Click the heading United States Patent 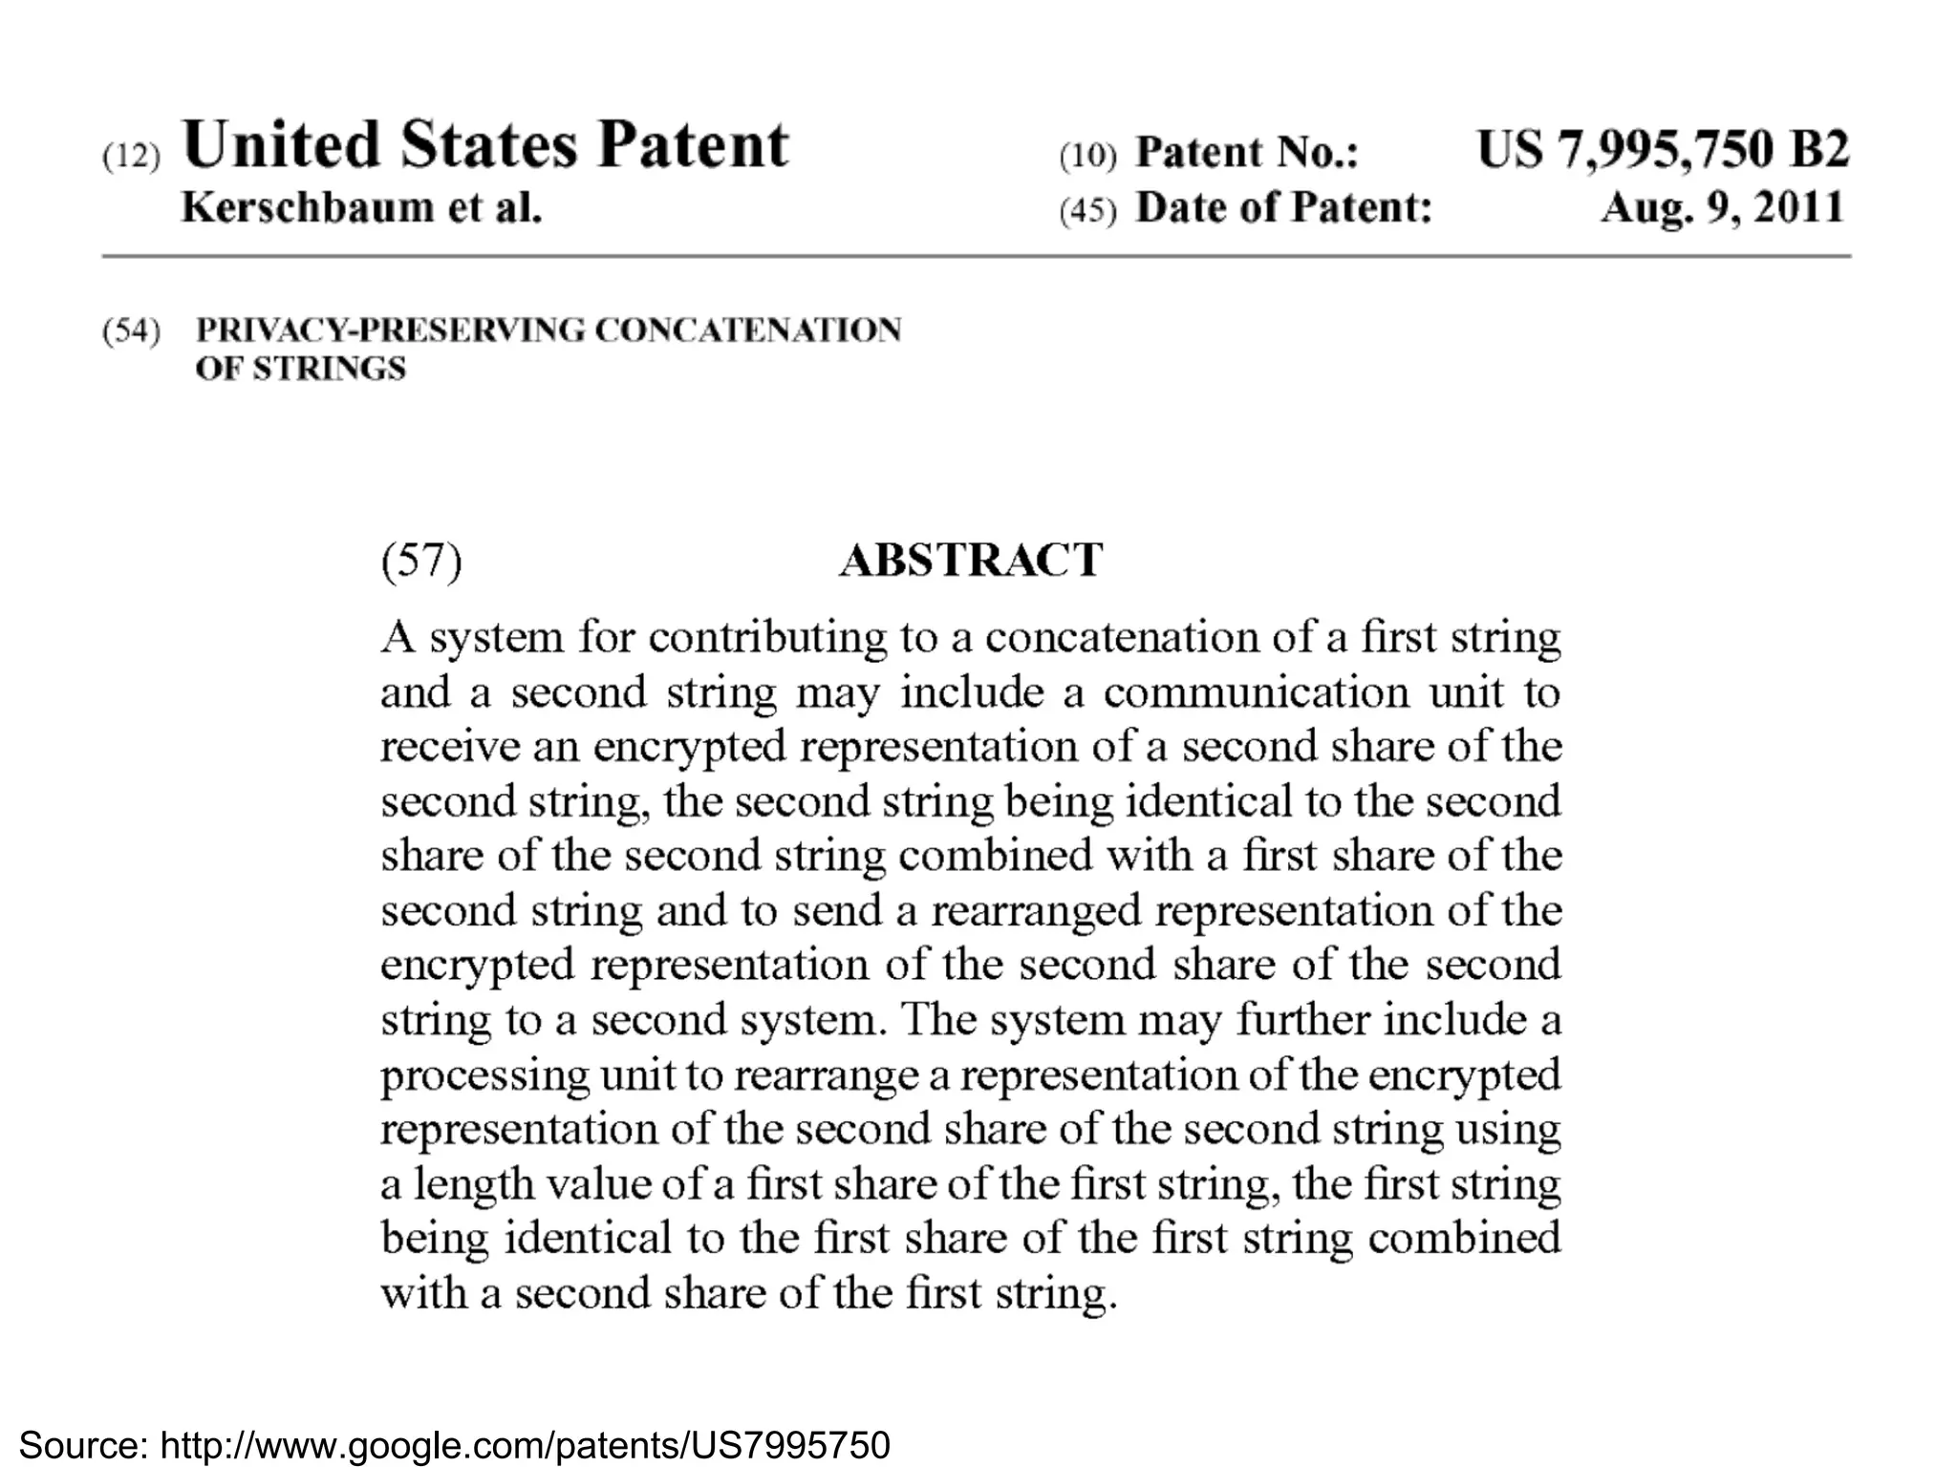pyautogui.click(x=485, y=146)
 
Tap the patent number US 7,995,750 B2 pyautogui.click(x=1663, y=150)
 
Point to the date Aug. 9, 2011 pyautogui.click(x=1722, y=207)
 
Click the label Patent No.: pyautogui.click(x=1246, y=153)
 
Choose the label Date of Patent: pyautogui.click(x=1283, y=207)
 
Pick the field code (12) pyautogui.click(x=131, y=156)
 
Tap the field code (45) pyautogui.click(x=1087, y=210)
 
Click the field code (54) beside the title pyautogui.click(x=131, y=331)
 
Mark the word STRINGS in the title pyautogui.click(x=329, y=369)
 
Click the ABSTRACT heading pyautogui.click(x=971, y=561)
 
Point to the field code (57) pyautogui.click(x=421, y=561)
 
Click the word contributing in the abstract pyautogui.click(x=767, y=637)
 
